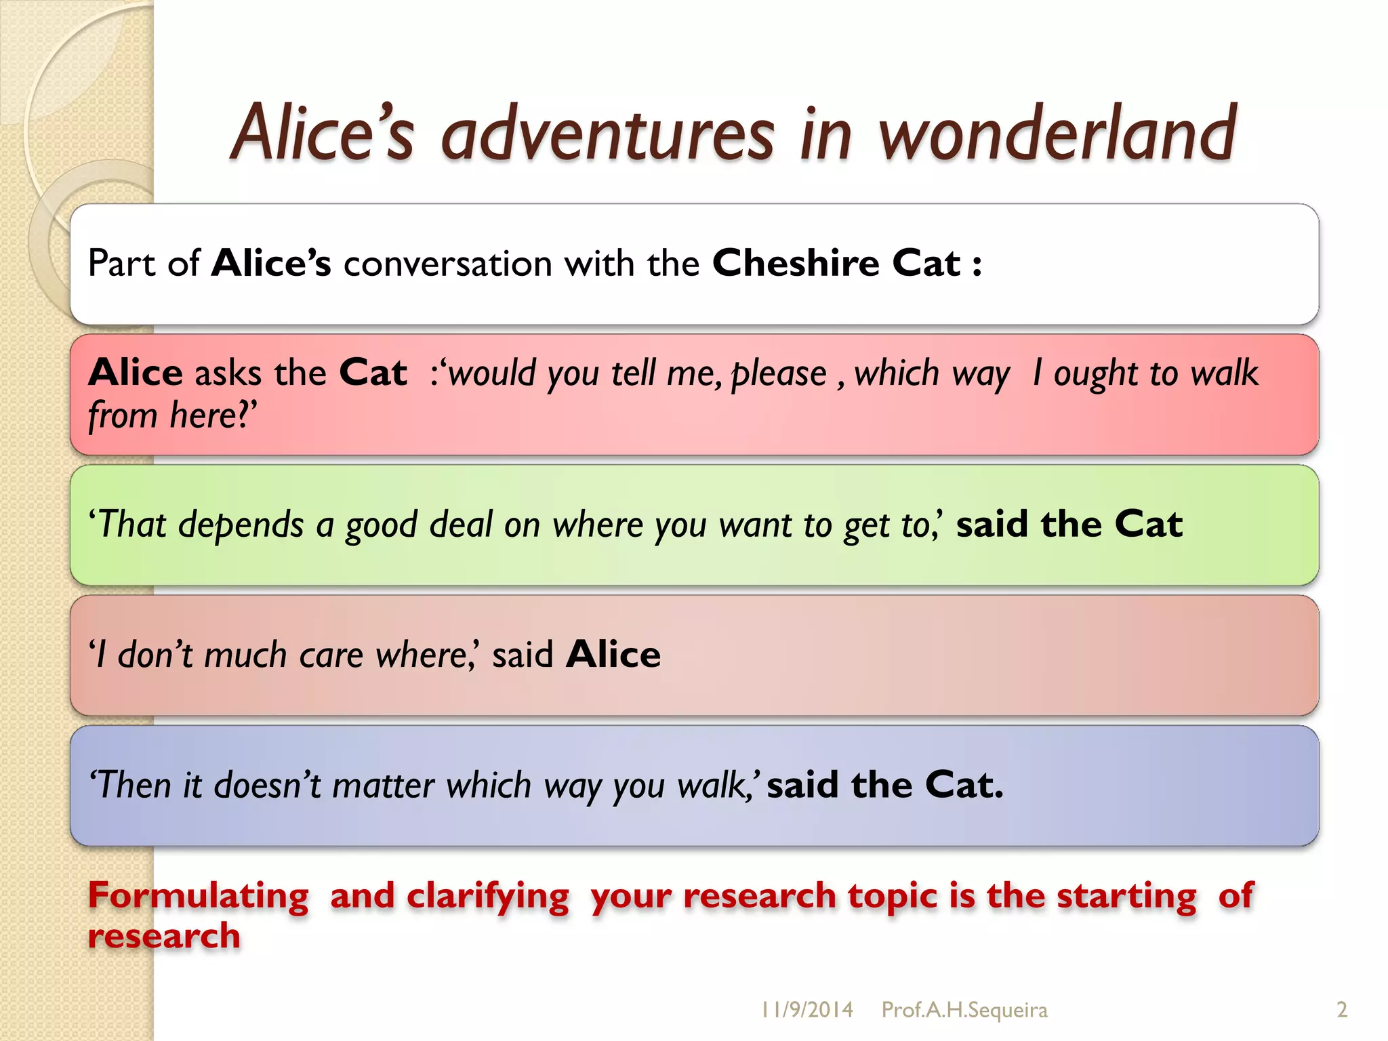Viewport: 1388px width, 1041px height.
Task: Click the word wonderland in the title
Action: (x=1057, y=134)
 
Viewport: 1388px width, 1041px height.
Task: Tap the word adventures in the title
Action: (x=607, y=134)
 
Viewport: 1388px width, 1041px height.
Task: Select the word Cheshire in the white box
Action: (x=796, y=263)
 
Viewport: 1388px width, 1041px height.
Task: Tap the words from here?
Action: (x=172, y=415)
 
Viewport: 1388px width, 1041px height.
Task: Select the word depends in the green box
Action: (x=241, y=526)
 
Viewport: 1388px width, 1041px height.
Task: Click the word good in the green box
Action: (x=381, y=526)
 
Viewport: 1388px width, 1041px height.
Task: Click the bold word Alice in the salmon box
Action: (x=613, y=655)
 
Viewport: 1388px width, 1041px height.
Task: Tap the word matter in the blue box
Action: (x=383, y=786)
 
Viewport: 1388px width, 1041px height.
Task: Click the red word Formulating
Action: (x=199, y=896)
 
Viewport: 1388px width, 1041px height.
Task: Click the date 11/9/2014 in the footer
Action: (x=807, y=1010)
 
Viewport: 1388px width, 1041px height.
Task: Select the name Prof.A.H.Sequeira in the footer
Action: (x=964, y=1010)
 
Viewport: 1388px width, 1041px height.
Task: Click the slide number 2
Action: (x=1342, y=1010)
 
